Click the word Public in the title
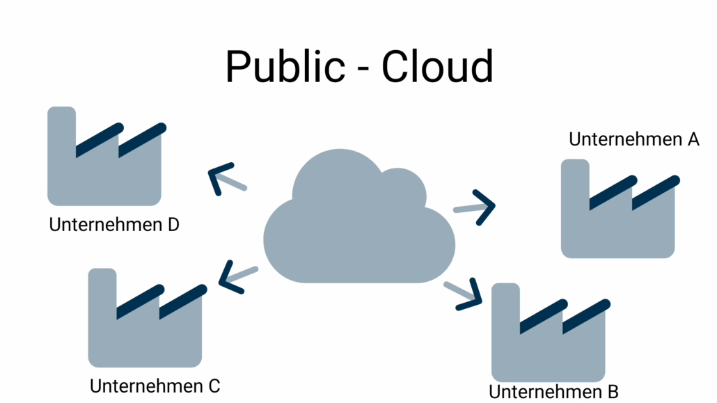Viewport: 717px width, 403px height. [x=284, y=68]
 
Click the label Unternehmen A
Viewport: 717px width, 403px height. [x=633, y=139]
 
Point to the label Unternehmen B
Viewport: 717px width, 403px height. [x=553, y=392]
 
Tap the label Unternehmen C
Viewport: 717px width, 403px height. [x=155, y=386]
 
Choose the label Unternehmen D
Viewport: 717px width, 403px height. [x=114, y=226]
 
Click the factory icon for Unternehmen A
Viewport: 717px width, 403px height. [x=618, y=219]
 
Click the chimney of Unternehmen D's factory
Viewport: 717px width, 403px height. [x=61, y=129]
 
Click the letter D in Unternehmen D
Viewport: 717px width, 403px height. [x=173, y=226]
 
